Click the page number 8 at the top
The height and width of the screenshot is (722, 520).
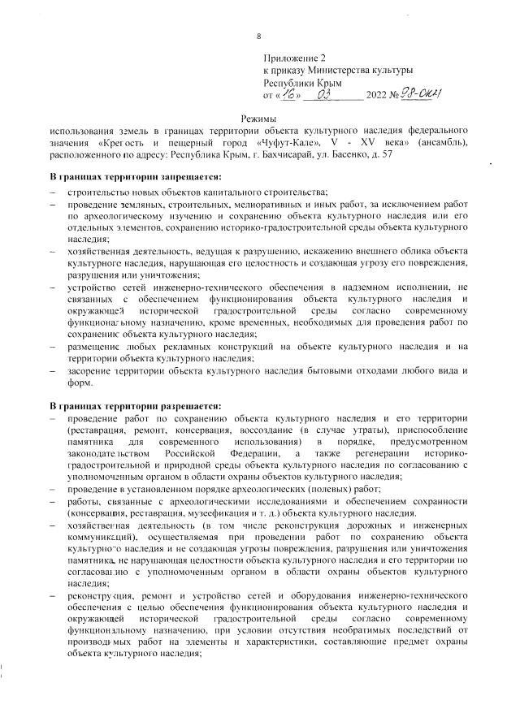tap(259, 37)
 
